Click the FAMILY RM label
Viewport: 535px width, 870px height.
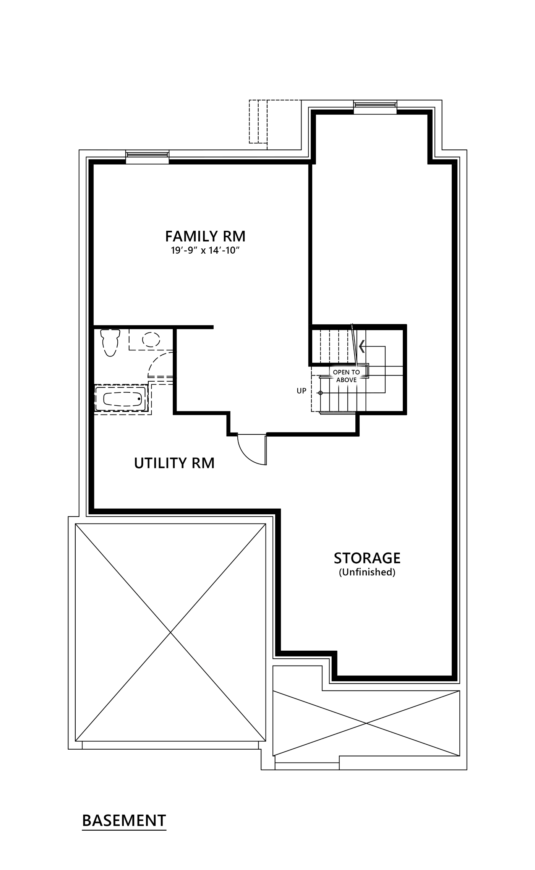205,237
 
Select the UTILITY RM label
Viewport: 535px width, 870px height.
174,463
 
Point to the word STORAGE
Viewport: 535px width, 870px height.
367,558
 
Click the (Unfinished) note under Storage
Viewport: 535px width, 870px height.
367,572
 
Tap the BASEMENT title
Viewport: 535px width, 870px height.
124,821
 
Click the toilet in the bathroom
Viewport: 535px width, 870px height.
110,343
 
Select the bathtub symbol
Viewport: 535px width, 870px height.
121,399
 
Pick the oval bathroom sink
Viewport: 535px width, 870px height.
151,339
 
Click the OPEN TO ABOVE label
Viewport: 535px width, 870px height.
346,376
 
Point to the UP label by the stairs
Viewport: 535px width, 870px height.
302,391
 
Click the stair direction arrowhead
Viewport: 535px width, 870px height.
362,346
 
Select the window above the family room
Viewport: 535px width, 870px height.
147,157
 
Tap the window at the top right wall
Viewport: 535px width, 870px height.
375,107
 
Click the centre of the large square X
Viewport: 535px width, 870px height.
170,632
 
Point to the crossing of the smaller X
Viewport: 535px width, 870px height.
366,723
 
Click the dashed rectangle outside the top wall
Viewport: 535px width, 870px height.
258,122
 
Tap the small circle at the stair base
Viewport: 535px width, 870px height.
321,393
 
